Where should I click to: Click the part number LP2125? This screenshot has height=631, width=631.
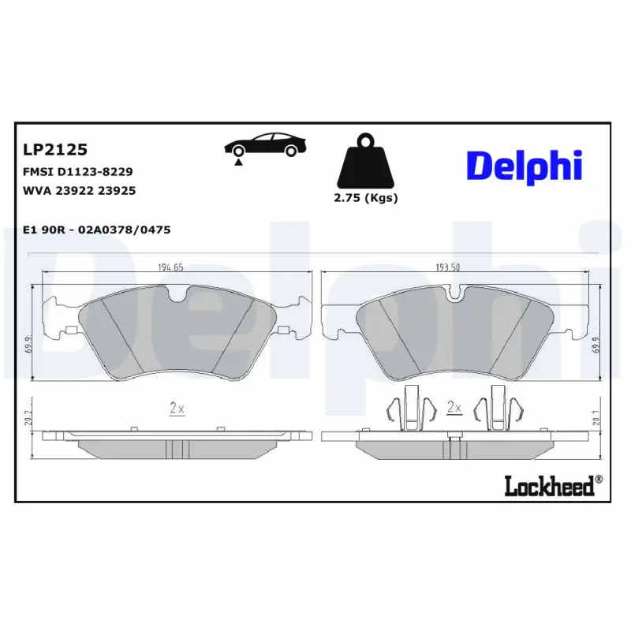point(55,149)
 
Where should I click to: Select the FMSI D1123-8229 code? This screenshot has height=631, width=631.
point(77,172)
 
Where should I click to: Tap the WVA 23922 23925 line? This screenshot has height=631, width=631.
point(80,191)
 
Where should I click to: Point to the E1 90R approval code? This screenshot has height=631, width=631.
point(96,230)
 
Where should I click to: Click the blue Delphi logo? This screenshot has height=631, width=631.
point(524,166)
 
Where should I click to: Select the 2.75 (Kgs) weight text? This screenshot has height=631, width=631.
point(366,198)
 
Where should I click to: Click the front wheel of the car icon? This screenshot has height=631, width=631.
point(239,151)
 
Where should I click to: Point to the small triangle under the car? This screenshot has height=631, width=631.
point(239,162)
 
